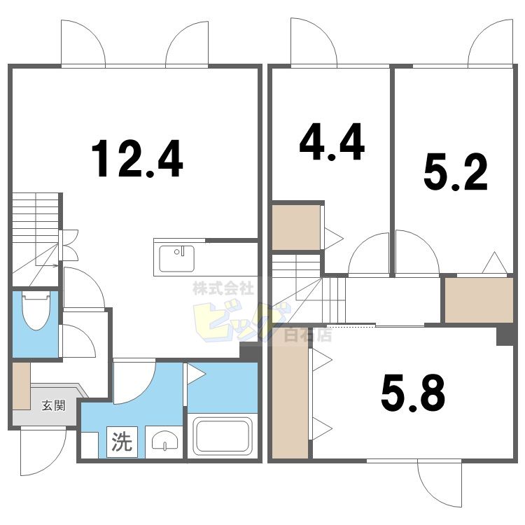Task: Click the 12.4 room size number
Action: (x=137, y=159)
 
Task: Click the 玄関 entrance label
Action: (x=52, y=405)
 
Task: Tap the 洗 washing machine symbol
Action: (x=122, y=442)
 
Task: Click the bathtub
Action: (x=223, y=435)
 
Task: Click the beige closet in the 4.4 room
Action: (x=296, y=226)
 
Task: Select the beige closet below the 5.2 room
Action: (x=479, y=300)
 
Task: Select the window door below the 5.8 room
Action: (x=439, y=483)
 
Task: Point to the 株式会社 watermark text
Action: (x=223, y=288)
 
